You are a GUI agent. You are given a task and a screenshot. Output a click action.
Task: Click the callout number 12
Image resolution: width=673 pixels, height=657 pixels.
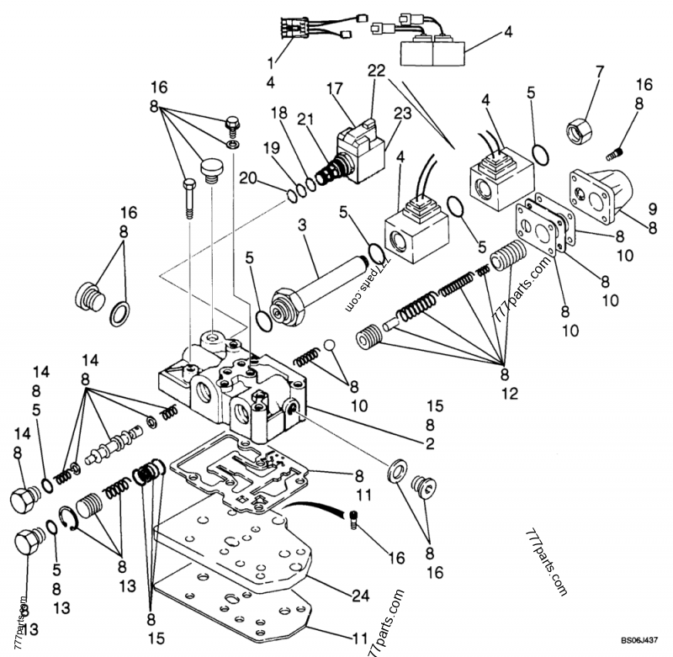(505, 393)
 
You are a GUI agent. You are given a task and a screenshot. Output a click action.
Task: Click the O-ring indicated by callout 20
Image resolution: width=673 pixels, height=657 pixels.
(290, 195)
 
